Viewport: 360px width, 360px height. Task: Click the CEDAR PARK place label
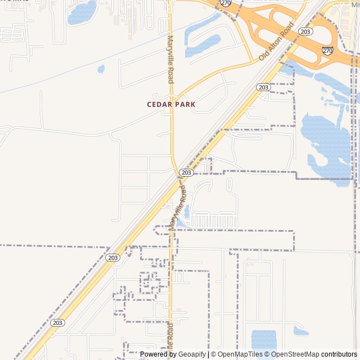point(171,104)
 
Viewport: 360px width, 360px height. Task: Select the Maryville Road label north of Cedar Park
point(170,59)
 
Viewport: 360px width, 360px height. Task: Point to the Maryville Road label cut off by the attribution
point(170,340)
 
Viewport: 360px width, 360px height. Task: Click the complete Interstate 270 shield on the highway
point(327,50)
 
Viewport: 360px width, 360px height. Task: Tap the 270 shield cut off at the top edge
point(226,3)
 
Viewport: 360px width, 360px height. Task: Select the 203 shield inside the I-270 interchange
point(305,31)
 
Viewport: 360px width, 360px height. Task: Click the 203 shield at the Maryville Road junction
point(187,172)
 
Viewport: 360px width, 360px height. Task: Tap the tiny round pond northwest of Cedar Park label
point(101,69)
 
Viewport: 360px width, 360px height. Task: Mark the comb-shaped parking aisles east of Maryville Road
point(214,220)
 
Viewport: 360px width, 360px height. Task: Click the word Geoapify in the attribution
point(192,354)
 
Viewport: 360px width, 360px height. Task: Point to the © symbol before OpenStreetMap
point(268,354)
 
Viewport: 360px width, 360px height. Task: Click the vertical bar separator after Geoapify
point(208,354)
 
